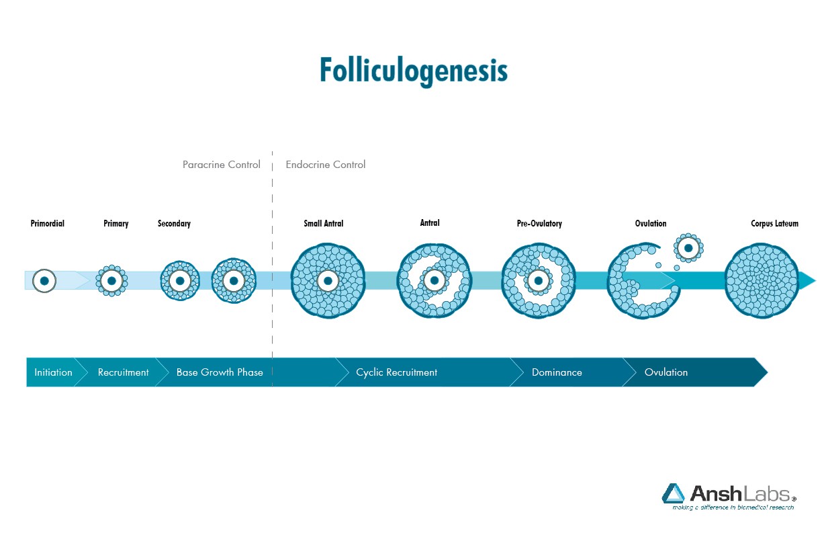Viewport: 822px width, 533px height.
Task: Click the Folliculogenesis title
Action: click(414, 71)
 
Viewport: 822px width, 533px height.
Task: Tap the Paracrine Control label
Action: click(221, 164)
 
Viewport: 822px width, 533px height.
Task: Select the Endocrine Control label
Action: click(326, 164)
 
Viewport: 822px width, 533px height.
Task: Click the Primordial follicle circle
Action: click(44, 281)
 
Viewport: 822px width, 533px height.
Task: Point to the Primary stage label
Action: click(116, 224)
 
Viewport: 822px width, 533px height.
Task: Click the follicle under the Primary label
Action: click(111, 281)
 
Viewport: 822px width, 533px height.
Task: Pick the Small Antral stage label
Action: click(323, 223)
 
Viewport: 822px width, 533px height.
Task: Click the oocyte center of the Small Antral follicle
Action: click(328, 281)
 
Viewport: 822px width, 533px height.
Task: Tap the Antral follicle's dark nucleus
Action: click(435, 281)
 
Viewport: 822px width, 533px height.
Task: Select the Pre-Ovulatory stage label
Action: click(539, 224)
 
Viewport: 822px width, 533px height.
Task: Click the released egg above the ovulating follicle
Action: click(688, 248)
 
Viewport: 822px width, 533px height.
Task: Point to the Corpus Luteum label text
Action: click(774, 224)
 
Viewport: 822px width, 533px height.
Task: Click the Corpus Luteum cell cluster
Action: click(762, 281)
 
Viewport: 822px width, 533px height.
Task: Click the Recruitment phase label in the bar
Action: click(124, 372)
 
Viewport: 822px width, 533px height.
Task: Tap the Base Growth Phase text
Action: click(220, 372)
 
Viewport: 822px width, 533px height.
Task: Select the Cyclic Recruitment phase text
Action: click(396, 372)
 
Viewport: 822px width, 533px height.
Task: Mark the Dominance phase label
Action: click(557, 372)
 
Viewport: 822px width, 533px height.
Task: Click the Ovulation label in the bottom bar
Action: click(666, 372)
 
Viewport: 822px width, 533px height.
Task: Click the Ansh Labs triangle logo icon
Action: click(673, 493)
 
